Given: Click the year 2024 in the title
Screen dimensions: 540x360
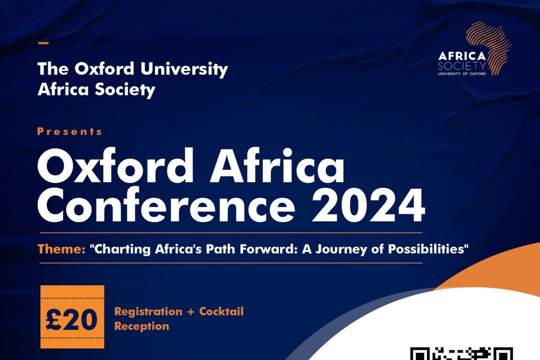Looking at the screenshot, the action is click(368, 205).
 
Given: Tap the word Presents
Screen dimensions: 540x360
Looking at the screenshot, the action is click(70, 132).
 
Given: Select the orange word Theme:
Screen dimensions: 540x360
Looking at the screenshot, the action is click(62, 249).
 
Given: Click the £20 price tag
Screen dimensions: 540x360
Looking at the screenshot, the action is click(72, 317).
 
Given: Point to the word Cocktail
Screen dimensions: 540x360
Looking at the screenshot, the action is click(221, 311).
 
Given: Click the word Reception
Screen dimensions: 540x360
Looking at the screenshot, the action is click(142, 327).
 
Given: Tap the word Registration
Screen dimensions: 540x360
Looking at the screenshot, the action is click(148, 312).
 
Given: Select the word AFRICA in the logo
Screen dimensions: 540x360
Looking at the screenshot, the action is click(462, 56).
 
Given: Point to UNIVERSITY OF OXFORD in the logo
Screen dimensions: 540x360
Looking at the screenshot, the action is click(462, 74).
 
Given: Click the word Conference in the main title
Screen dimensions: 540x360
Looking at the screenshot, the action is click(166, 205).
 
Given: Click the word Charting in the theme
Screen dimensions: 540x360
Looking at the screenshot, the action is click(122, 249).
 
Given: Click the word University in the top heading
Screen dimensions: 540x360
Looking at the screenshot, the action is click(184, 69).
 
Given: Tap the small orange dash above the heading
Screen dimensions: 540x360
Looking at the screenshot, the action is click(44, 43).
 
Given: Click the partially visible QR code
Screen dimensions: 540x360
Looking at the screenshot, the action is click(462, 354).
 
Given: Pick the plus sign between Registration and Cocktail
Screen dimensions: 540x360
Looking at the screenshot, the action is click(191, 312).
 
